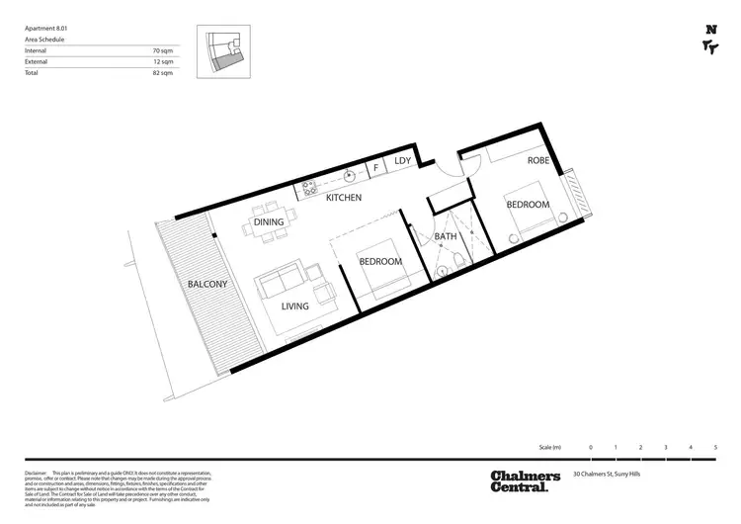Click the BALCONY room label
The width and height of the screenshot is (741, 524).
coord(207,285)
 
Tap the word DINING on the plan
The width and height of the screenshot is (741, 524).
coord(269,222)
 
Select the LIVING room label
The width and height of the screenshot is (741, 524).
coord(294,306)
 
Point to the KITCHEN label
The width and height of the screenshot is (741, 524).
coord(344,199)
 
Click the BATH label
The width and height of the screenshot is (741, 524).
coord(446,237)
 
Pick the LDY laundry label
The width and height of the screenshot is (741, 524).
coord(402,160)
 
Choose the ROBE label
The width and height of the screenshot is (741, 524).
coord(537,160)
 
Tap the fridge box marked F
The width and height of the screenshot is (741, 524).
coord(376,168)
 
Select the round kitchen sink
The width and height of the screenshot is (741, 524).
coord(349,178)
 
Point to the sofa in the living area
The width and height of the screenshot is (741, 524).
coord(281,284)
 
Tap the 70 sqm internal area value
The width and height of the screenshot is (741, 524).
coord(164,48)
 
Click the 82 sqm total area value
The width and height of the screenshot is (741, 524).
coord(164,74)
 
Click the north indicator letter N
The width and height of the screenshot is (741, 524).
coord(710,31)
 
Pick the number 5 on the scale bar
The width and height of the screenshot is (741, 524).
coord(716,448)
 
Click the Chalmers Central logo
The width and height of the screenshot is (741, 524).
coord(525,481)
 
